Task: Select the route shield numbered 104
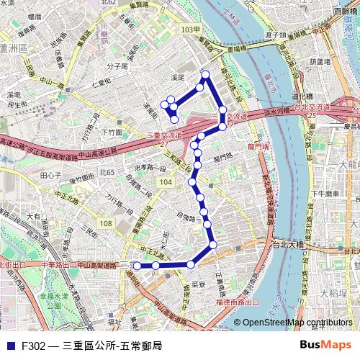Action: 166,183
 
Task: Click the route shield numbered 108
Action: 106,224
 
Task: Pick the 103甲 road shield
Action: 189,30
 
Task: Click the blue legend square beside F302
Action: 9,346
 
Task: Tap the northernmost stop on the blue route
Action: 206,74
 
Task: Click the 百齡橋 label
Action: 344,12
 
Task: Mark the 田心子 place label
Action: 50,175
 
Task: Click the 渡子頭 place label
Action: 276,34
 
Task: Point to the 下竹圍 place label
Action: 112,132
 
